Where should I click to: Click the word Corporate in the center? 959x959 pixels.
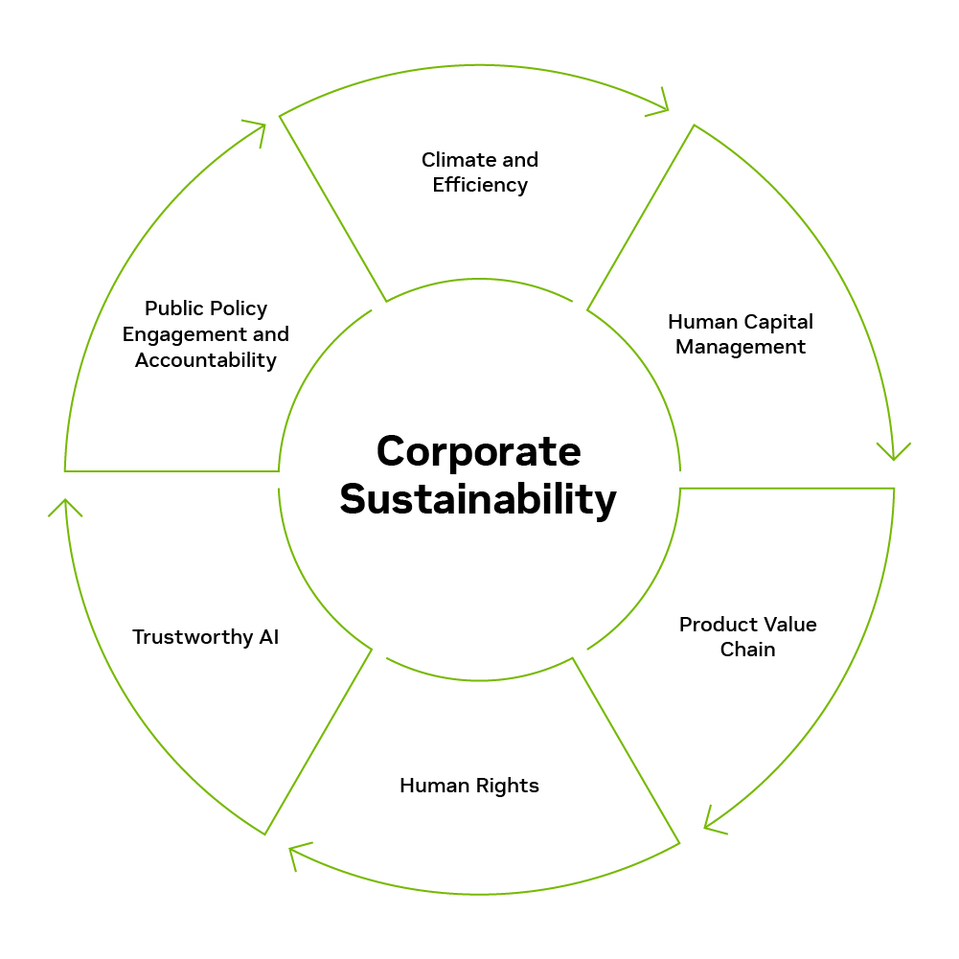478,452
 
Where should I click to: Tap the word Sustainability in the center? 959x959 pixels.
478,500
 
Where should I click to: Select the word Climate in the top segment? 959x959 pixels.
459,160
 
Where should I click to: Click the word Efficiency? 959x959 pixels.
480,185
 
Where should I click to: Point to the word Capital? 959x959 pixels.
779,322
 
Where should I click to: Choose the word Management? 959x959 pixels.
740,347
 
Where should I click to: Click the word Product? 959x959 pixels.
717,625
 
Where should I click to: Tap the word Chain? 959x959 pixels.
747,649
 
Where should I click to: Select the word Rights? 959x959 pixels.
507,787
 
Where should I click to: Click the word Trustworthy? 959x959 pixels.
193,638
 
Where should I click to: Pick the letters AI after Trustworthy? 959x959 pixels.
269,637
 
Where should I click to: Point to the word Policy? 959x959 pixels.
238,309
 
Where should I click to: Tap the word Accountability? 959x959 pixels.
205,360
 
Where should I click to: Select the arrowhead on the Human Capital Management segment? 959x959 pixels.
894,451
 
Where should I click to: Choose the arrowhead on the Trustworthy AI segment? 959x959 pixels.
65,508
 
